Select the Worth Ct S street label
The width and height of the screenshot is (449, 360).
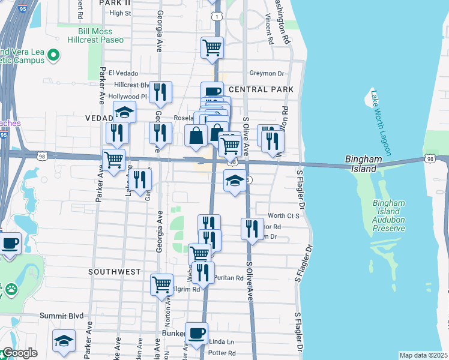point(283,215)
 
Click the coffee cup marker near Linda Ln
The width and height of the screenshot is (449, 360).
point(196,334)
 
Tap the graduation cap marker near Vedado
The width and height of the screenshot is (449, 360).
point(124,112)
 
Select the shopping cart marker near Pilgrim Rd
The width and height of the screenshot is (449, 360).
point(161,284)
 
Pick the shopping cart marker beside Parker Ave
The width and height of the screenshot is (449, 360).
point(113,160)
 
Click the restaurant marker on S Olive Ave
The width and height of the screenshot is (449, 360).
point(252,229)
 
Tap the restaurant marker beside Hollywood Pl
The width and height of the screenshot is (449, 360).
point(160,92)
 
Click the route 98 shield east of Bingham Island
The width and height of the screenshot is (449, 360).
point(429,158)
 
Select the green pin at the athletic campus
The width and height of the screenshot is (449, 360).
point(53,55)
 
